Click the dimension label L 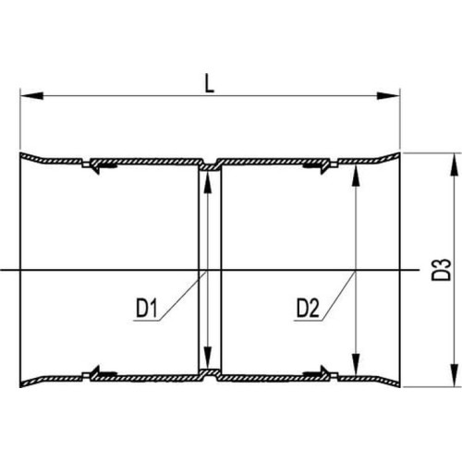pos(210,83)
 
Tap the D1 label pos(147,309)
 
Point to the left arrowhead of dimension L pos(31,95)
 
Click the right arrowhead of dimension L pos(388,95)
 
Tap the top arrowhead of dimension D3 pos(455,164)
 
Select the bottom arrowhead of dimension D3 pos(455,375)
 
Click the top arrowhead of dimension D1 pos(208,182)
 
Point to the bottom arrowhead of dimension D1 pos(208,358)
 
